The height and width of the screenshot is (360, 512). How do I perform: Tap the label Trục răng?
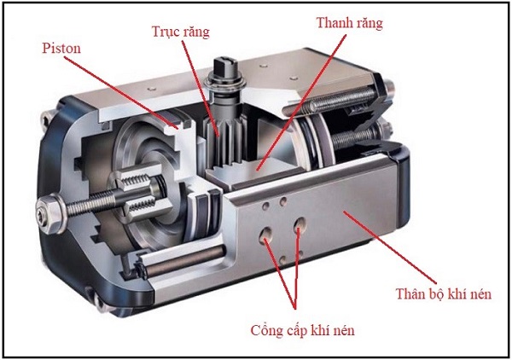[177, 32]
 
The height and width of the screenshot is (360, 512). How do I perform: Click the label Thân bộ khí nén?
[442, 294]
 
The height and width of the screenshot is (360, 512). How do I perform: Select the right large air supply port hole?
[300, 227]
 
